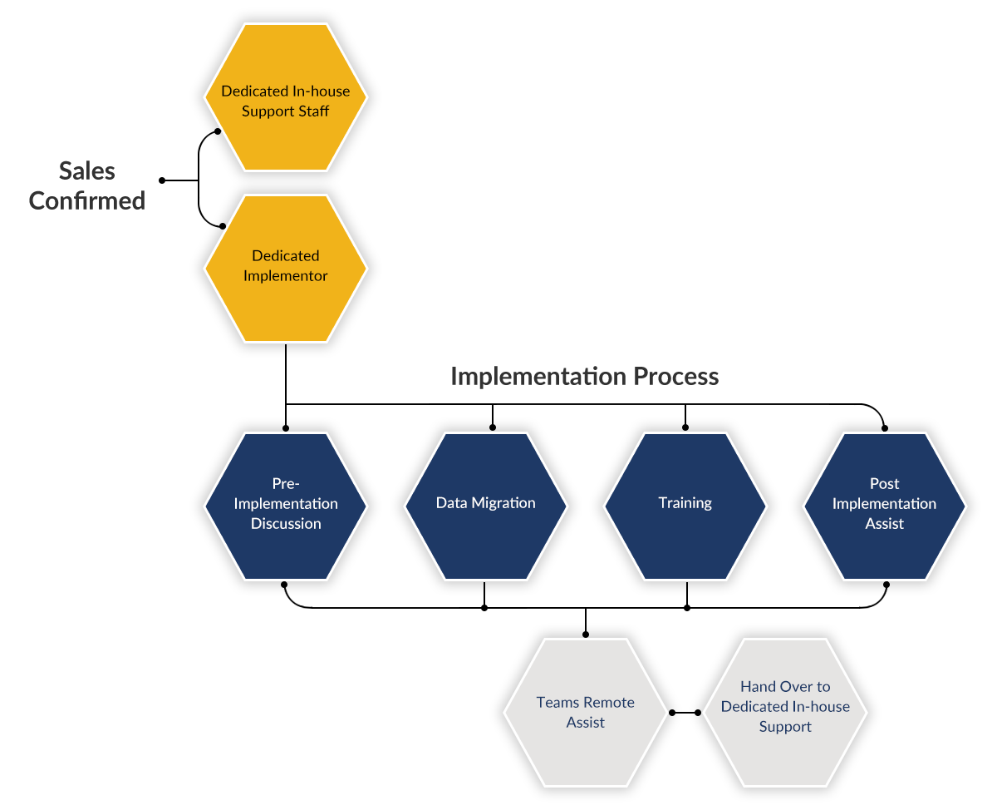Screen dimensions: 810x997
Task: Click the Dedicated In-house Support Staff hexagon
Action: click(x=286, y=97)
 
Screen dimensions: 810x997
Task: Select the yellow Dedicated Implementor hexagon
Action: click(x=286, y=269)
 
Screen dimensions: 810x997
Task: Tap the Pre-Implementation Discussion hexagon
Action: click(x=286, y=506)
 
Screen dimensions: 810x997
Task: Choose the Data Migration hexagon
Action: click(x=486, y=506)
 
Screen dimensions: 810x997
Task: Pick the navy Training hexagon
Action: click(x=685, y=506)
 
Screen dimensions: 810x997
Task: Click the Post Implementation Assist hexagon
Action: click(x=885, y=506)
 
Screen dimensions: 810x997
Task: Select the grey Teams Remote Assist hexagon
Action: click(x=586, y=713)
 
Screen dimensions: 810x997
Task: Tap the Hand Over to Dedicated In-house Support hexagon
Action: click(x=785, y=713)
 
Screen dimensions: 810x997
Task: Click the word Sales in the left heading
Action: click(x=87, y=171)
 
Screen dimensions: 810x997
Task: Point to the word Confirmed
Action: click(x=87, y=200)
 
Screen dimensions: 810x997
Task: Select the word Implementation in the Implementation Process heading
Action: click(x=538, y=377)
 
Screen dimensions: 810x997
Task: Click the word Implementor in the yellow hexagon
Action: click(x=286, y=276)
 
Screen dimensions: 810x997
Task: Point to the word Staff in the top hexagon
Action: click(x=312, y=111)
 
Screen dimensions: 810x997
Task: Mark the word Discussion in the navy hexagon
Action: click(x=286, y=524)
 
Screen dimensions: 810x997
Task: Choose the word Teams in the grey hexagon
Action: click(x=557, y=703)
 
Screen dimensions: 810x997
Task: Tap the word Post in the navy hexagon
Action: click(x=885, y=484)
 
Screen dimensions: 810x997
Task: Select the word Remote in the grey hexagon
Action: click(x=608, y=703)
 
